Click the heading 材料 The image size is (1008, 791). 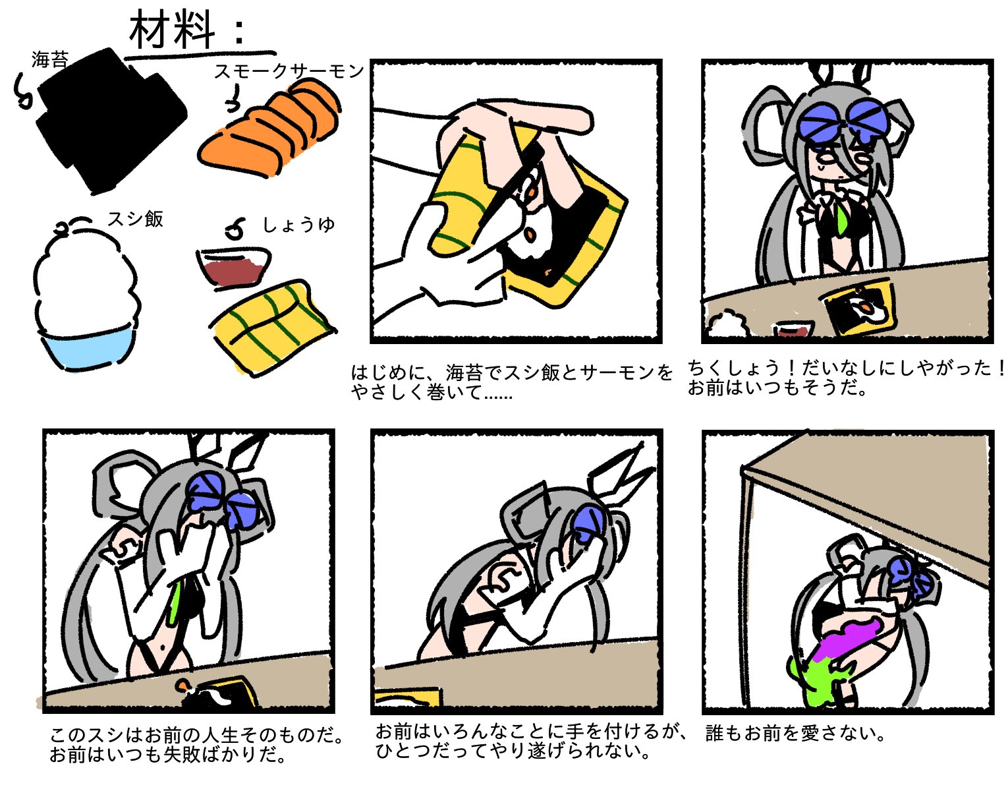pyautogui.click(x=173, y=30)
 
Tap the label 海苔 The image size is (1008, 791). pyautogui.click(x=50, y=60)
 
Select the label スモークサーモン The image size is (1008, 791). pyautogui.click(x=289, y=71)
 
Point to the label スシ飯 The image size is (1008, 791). pyautogui.click(x=136, y=219)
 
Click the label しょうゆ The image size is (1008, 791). pyautogui.click(x=298, y=225)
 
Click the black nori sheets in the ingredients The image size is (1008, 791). pyautogui.click(x=111, y=121)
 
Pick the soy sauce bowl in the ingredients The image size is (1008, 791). pyautogui.click(x=233, y=268)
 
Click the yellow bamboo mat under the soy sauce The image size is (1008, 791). pyautogui.click(x=273, y=327)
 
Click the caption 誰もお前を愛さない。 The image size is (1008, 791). pyautogui.click(x=795, y=733)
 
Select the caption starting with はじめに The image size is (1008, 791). pyautogui.click(x=511, y=382)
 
